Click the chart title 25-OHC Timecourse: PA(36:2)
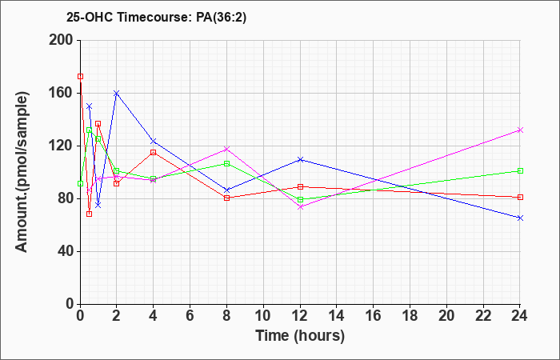pyautogui.click(x=157, y=18)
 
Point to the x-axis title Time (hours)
pyautogui.click(x=300, y=336)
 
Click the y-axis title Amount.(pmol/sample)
pyautogui.click(x=22, y=172)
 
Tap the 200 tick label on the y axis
pyautogui.click(x=61, y=40)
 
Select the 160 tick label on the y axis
pyautogui.click(x=61, y=94)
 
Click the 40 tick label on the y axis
pyautogui.click(x=65, y=251)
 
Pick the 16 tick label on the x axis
pyautogui.click(x=374, y=316)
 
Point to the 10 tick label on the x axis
pyautogui.click(x=263, y=316)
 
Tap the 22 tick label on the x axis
pyautogui.click(x=483, y=316)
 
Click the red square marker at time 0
pyautogui.click(x=80, y=77)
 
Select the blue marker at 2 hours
pyautogui.click(x=117, y=94)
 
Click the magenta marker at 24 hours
pyautogui.click(x=520, y=130)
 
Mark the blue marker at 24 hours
pyautogui.click(x=520, y=218)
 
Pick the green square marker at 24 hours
pyautogui.click(x=520, y=170)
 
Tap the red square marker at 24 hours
pyautogui.click(x=520, y=197)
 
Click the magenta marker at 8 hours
pyautogui.click(x=226, y=149)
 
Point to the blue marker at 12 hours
pyautogui.click(x=300, y=159)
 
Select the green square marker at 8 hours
pyautogui.click(x=226, y=163)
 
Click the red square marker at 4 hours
pyautogui.click(x=154, y=153)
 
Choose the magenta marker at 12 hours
pyautogui.click(x=300, y=206)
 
